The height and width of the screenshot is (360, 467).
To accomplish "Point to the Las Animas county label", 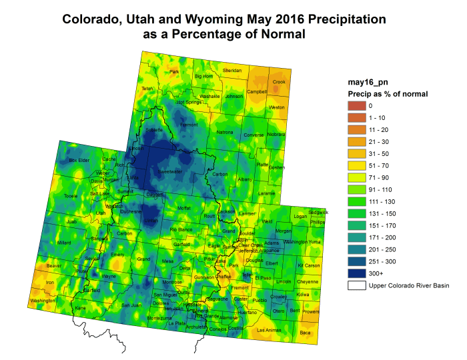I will [x=269, y=330].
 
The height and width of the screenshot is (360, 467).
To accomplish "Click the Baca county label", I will [x=306, y=331].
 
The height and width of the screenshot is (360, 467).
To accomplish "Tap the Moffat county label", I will [x=184, y=208].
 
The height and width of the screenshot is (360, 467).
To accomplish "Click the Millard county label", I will [x=65, y=243].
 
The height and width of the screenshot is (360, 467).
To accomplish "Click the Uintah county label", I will [x=151, y=219].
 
